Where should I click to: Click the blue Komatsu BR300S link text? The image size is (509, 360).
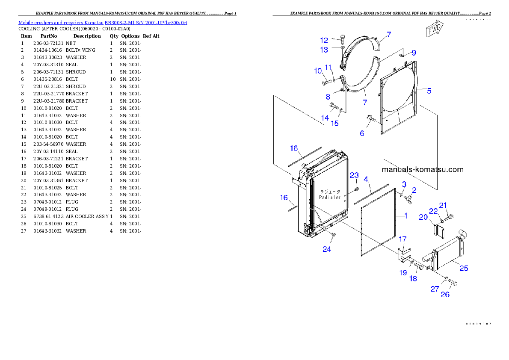103,22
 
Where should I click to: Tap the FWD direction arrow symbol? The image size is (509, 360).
435,30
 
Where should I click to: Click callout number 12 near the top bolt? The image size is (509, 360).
324,41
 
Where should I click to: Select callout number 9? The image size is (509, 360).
414,53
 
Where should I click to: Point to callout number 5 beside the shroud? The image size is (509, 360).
429,91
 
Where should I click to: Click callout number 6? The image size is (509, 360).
362,133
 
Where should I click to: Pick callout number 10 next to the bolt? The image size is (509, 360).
318,71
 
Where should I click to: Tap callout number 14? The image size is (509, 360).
325,118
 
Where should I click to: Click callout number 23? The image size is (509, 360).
354,175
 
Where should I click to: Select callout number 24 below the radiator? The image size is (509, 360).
327,249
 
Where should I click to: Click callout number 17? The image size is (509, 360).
402,239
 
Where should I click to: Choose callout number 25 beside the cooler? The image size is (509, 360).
464,269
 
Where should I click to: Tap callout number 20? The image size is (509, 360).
423,217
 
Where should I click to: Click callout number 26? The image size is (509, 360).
445,294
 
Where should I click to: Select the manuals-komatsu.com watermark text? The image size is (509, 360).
422,169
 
